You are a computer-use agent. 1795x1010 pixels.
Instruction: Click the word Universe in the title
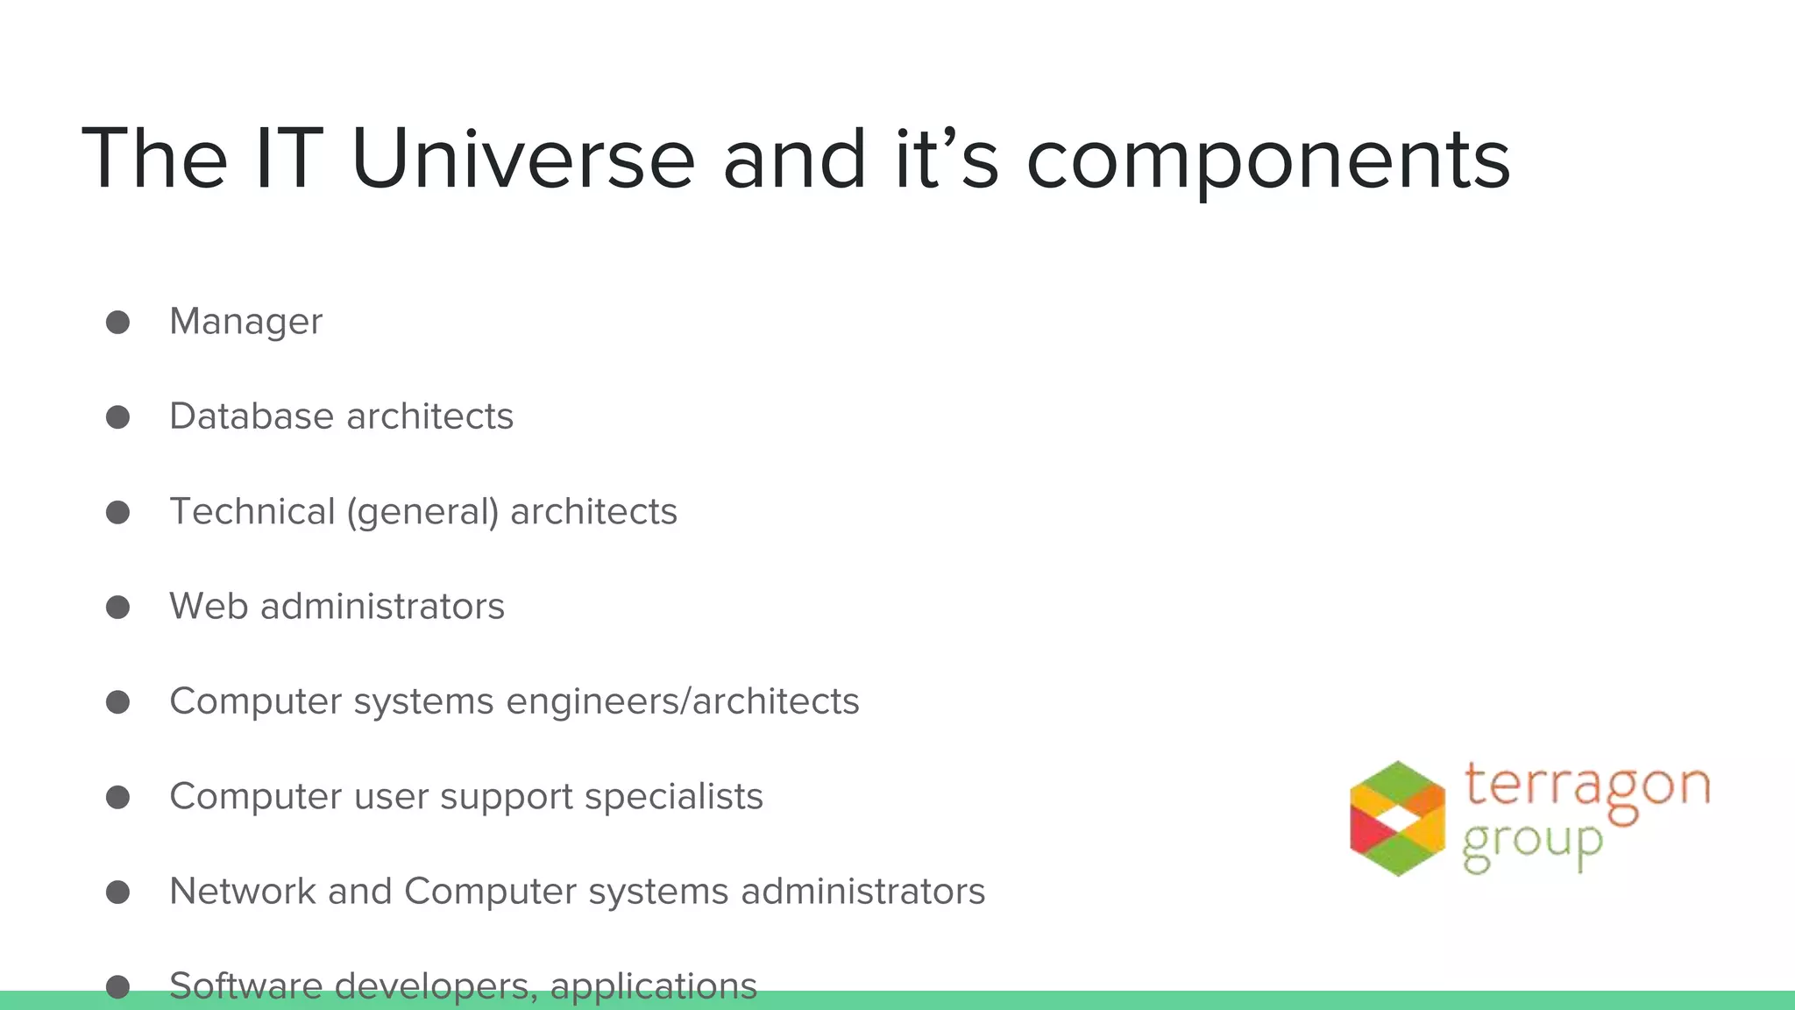[522, 159]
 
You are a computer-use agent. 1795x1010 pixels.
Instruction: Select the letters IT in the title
[288, 159]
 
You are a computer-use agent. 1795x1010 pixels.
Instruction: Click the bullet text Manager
[245, 322]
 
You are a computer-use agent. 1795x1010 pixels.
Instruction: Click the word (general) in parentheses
[422, 512]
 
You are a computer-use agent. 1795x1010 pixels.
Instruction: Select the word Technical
[252, 511]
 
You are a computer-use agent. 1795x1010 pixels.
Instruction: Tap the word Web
[208, 607]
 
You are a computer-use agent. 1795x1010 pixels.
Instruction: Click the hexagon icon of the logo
[1397, 818]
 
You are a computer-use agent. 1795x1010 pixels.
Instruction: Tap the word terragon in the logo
[1586, 785]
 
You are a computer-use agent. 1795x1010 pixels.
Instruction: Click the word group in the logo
[1532, 843]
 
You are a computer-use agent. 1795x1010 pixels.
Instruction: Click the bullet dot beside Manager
[117, 322]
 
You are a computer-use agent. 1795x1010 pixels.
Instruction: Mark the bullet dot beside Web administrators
[117, 607]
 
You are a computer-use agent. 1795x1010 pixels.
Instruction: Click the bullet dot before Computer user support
[117, 797]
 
